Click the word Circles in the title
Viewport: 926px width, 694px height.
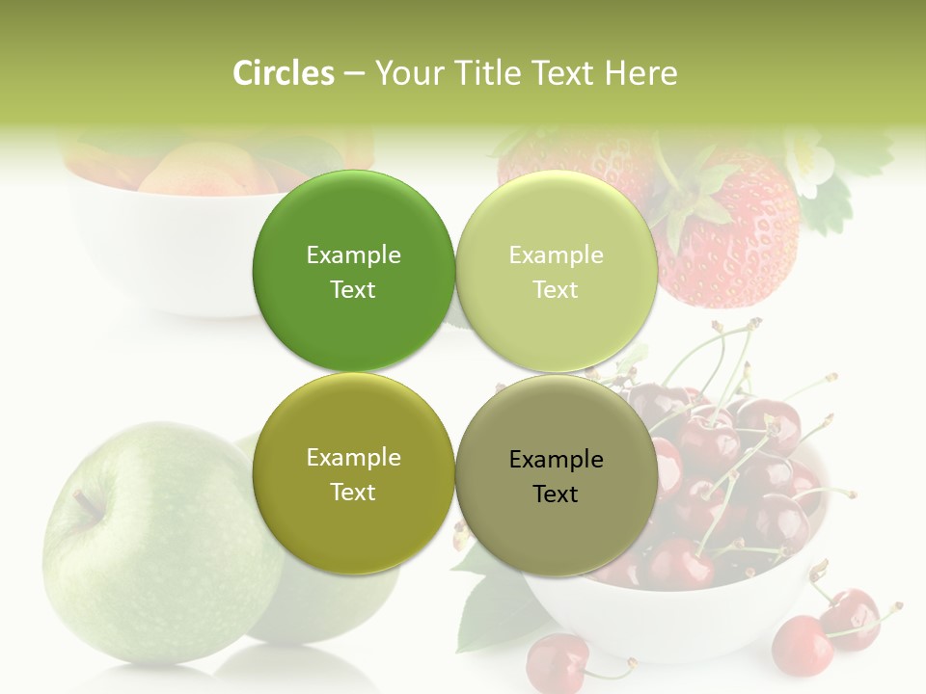(283, 73)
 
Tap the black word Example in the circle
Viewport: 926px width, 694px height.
(556, 460)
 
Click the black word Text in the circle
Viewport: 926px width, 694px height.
(556, 494)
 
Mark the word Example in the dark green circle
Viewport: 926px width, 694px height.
(353, 255)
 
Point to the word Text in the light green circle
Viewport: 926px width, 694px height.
(556, 290)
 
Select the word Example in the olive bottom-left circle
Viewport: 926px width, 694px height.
(353, 458)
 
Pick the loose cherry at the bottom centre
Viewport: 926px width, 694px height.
(557, 663)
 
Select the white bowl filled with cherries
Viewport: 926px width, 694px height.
(675, 617)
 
